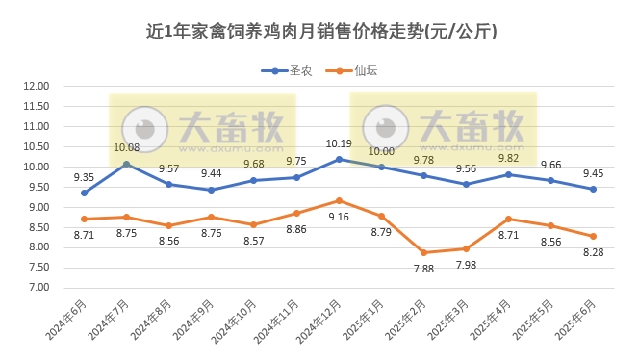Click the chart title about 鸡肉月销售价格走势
coord(319,32)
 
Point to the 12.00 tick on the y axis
coord(36,86)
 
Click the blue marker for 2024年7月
coord(126,164)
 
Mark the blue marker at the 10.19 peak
coord(339,159)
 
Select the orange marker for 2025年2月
coord(423,252)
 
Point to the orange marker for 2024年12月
coord(339,200)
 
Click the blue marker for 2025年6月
coord(593,189)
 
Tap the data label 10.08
coord(126,147)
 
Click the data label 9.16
coord(339,217)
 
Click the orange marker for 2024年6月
coord(84,219)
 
